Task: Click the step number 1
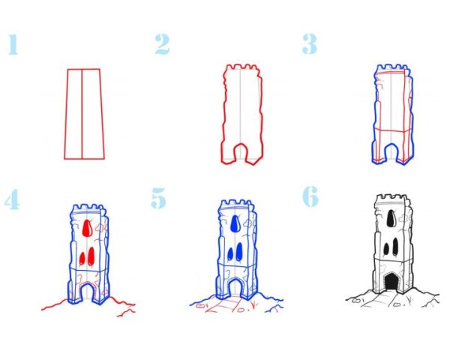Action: (13, 44)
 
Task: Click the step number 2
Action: (163, 44)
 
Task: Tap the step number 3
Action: (310, 43)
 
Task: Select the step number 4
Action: (12, 199)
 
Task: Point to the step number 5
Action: (159, 198)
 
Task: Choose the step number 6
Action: (310, 196)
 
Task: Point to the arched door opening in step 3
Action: (391, 151)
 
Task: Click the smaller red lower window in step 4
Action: (82, 258)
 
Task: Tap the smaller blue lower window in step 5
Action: (230, 253)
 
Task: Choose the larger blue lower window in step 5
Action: (238, 251)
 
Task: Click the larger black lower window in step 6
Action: (395, 246)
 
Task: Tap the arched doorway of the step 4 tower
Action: (87, 292)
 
